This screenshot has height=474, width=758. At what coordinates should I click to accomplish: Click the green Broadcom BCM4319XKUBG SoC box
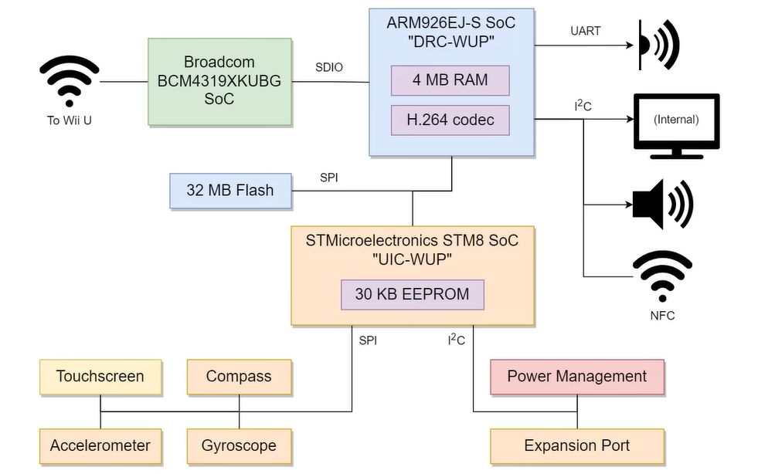coord(219,81)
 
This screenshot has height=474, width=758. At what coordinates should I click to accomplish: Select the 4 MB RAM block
coord(450,80)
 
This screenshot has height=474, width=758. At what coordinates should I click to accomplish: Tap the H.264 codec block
coord(450,120)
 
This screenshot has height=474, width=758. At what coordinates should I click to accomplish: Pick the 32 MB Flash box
coord(230,190)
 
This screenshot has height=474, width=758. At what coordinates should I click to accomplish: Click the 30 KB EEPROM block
coord(412,294)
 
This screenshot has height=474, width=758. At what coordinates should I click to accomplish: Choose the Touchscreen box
coord(100,377)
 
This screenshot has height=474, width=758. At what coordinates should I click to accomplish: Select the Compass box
coord(239,377)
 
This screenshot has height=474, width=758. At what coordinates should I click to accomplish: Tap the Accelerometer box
coord(100,445)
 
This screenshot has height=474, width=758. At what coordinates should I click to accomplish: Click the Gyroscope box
coord(239,445)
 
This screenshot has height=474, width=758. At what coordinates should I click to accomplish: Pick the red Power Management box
coord(576,377)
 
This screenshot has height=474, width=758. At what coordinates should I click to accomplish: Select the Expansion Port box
coord(576,445)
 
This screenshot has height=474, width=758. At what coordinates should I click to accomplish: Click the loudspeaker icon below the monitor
coord(661,205)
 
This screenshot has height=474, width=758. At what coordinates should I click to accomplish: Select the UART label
coord(585,32)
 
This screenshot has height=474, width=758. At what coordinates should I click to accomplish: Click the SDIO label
coord(329,68)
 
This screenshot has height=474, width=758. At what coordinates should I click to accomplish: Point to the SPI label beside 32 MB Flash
coord(328,178)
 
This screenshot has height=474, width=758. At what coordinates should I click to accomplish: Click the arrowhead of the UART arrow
coord(631,45)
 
